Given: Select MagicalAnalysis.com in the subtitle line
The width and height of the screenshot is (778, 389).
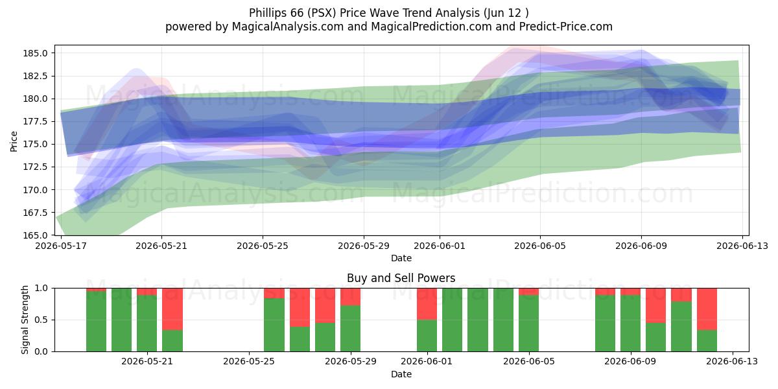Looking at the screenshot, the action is (288, 27).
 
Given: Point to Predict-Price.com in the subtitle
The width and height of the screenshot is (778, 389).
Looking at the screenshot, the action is (566, 27).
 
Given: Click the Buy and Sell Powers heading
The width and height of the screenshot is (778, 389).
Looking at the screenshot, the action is (401, 278).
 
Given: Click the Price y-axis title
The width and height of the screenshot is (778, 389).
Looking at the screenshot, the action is (14, 141).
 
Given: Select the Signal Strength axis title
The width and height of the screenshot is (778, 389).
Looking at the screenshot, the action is (25, 320).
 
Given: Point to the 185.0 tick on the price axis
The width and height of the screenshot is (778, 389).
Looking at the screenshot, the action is (35, 53).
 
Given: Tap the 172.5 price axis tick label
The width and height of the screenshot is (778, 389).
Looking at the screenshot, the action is (35, 167).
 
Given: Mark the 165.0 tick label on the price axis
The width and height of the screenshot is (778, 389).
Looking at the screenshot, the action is (35, 235).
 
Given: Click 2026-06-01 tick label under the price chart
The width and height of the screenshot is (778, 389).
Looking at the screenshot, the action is (440, 246).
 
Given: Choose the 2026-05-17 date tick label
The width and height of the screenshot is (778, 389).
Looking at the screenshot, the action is (61, 246).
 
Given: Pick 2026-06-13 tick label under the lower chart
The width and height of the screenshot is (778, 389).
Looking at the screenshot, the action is (732, 361).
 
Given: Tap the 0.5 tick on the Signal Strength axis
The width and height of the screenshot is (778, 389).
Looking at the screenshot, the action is (41, 320).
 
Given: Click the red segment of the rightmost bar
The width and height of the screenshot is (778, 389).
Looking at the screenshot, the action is (707, 309).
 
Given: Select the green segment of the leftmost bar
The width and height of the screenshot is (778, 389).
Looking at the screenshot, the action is (96, 322).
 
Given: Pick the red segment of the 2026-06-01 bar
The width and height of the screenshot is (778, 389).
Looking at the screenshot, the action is (427, 304).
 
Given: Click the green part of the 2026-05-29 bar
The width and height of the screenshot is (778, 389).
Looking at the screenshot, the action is (350, 329).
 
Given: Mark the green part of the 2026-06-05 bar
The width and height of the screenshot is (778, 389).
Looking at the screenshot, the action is (528, 324).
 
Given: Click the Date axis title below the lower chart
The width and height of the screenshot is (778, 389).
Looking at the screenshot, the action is (401, 374).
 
